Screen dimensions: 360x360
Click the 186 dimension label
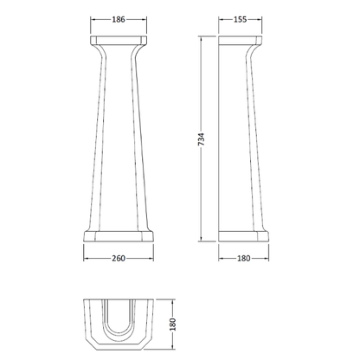(119, 19)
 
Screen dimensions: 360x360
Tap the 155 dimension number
(240, 19)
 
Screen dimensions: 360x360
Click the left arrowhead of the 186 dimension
(91, 26)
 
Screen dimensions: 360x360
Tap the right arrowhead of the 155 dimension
(260, 26)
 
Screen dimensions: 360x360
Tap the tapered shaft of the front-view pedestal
(119, 138)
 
